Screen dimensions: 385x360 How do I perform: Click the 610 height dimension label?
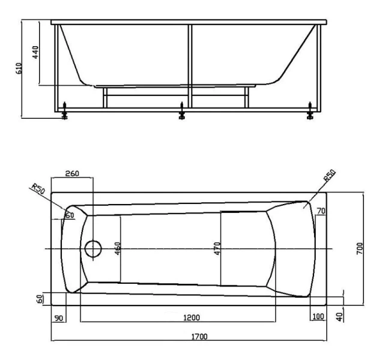(19, 68)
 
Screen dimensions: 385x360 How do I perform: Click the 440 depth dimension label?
(35, 52)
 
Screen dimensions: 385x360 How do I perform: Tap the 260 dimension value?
(72, 173)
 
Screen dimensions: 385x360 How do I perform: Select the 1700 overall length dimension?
(199, 337)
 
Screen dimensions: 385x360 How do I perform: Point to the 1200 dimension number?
(192, 317)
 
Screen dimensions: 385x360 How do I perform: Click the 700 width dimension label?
(359, 248)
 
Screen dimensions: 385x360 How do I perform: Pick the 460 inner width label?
(118, 248)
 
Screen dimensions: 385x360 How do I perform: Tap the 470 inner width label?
(217, 248)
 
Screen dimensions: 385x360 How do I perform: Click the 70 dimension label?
(321, 211)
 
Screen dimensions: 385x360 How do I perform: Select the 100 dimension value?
(318, 316)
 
